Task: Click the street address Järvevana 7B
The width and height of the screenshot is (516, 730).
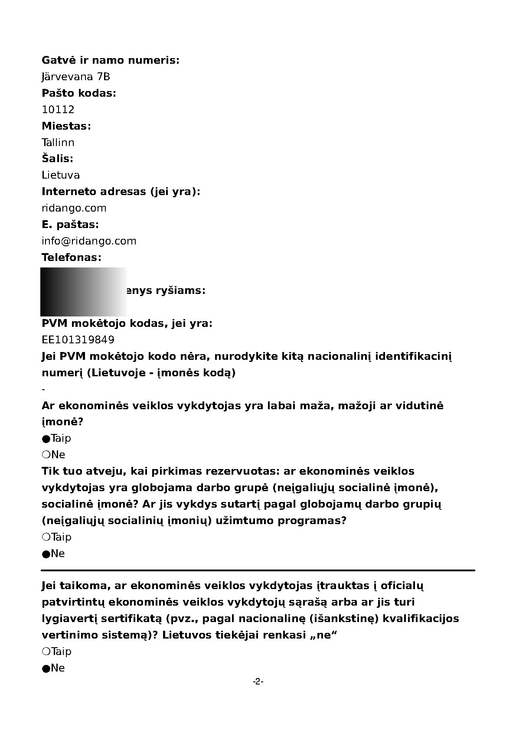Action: point(76,77)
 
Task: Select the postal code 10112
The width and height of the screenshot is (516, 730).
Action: point(58,110)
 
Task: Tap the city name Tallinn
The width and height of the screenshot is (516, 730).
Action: point(58,143)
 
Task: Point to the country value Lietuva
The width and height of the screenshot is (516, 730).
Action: point(61,175)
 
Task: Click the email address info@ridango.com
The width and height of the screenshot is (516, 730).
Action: point(89,241)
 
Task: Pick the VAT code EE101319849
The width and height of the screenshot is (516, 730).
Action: point(78,339)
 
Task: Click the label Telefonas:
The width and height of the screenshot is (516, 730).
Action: point(72,257)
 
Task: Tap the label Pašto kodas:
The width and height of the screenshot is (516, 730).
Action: point(79,93)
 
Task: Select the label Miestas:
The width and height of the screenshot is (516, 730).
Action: point(66,126)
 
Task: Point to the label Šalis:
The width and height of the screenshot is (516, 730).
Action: point(58,159)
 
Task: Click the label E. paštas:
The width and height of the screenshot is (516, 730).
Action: point(70,225)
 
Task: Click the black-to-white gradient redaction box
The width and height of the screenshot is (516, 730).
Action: point(84,292)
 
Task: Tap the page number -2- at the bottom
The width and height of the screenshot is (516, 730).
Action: point(258,682)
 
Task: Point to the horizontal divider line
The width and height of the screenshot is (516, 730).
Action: point(258,570)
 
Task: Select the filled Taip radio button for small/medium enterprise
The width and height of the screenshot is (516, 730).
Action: point(46,439)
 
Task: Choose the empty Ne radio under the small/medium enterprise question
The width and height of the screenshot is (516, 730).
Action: point(46,455)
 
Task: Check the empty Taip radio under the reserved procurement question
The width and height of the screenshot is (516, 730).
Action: point(46,537)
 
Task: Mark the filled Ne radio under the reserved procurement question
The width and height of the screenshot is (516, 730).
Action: point(46,554)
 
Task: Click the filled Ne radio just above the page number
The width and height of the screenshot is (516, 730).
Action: point(46,668)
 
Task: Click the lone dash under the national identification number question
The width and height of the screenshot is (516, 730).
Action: point(43,389)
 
